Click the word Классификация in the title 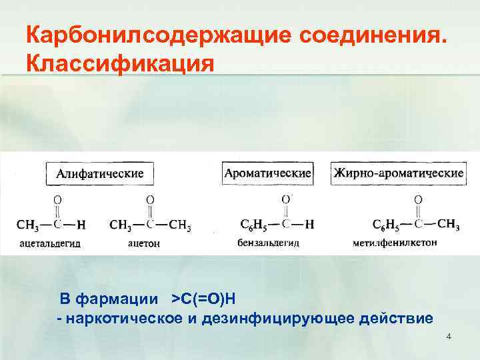120,64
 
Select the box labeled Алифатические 99,173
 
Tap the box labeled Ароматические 267,173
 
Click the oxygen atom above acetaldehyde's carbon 57,199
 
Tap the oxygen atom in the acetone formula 150,199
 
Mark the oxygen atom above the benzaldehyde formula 286,199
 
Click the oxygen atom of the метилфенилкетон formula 418,199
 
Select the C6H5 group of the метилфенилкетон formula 385,225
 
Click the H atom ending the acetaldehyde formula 81,224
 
